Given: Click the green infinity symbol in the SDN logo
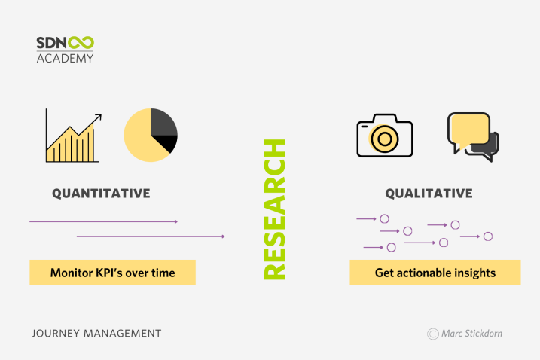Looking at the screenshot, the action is (x=81, y=43).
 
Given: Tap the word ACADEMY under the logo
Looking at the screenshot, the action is (x=65, y=58).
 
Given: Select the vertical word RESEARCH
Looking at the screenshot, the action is (x=274, y=209).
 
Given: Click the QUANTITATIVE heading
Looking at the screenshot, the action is (x=101, y=194).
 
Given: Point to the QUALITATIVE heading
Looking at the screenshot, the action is (x=429, y=194).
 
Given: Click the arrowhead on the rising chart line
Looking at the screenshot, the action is (x=99, y=117).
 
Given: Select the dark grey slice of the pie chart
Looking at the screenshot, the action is (x=163, y=122).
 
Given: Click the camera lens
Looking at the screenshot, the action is (x=385, y=139).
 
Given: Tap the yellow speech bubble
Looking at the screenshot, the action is (x=469, y=130).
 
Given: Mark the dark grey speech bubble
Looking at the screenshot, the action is (x=486, y=148).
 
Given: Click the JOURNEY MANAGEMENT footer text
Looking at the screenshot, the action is (x=96, y=334).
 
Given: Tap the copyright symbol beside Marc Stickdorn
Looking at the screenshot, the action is (x=433, y=334).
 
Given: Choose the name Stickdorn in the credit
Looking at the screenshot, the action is (x=486, y=334).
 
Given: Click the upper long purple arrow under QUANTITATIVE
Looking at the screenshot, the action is (x=104, y=222).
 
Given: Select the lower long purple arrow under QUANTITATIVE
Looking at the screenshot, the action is (x=151, y=236).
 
